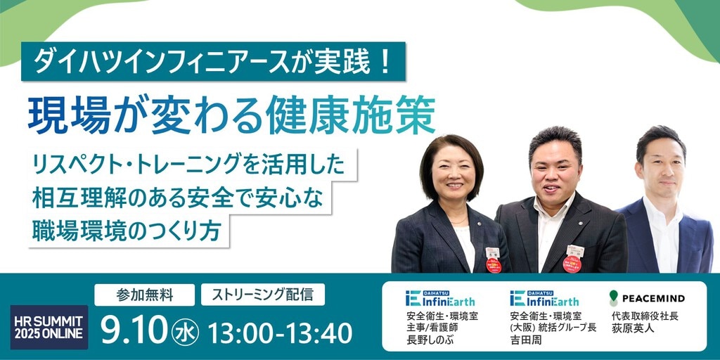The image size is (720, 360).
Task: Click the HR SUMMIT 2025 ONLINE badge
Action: point(49,327)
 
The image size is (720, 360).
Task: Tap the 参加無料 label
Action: point(145,295)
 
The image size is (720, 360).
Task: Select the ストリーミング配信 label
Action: point(263,295)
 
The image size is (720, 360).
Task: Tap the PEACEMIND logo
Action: point(647,298)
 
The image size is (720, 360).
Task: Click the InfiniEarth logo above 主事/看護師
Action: point(440,298)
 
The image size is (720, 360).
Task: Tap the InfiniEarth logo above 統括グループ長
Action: point(544,298)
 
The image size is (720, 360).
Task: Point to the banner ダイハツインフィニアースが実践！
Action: point(214,62)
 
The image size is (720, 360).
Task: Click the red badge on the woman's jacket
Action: point(493,265)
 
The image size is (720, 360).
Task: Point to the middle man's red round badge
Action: point(572,264)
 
